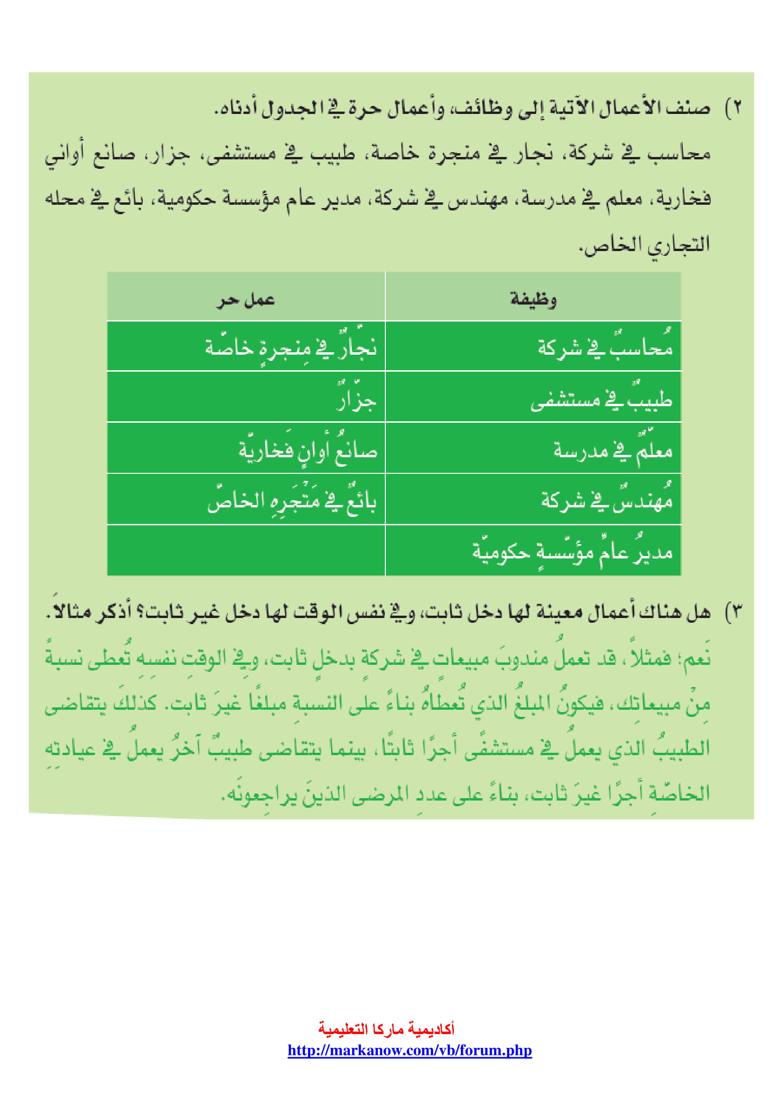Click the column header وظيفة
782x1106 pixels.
(x=533, y=300)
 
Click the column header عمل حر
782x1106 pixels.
(x=245, y=300)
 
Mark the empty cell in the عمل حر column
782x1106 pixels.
(x=245, y=550)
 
